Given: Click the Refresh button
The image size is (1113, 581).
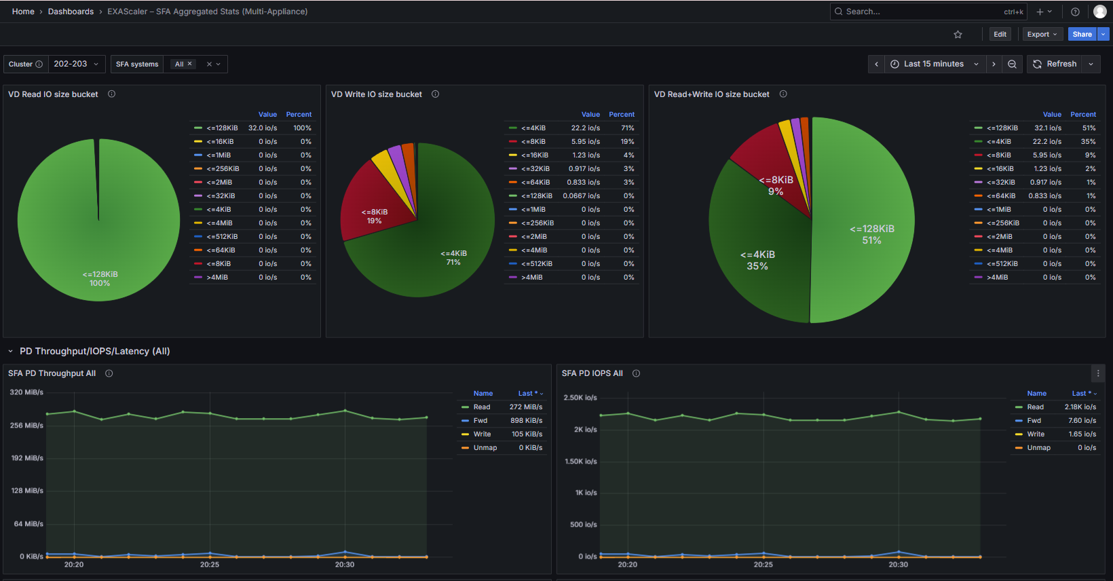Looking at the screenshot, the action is click(x=1055, y=64).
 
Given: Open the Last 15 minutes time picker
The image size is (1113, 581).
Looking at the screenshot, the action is click(x=934, y=64).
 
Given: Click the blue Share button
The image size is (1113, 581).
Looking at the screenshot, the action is click(x=1082, y=35).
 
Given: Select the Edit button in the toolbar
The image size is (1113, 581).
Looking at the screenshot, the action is click(x=1000, y=35).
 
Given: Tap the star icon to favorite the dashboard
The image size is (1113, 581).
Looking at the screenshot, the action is click(x=958, y=35).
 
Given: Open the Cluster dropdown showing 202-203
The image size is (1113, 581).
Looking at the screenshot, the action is click(x=76, y=64).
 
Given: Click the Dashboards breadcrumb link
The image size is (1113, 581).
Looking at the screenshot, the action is click(x=71, y=12).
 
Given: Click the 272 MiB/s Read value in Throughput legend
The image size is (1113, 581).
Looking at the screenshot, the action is click(x=526, y=407).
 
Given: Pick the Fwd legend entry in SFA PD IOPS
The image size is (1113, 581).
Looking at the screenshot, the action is click(x=1034, y=420).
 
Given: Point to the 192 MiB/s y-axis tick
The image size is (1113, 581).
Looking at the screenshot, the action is click(x=27, y=457).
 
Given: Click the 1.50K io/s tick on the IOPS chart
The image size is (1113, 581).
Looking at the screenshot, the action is click(x=581, y=462).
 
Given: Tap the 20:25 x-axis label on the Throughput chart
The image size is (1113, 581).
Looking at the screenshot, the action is click(x=210, y=565).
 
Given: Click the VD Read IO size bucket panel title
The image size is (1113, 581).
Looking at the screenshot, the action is click(x=53, y=94).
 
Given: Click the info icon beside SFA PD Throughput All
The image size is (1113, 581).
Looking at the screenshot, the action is click(x=109, y=373).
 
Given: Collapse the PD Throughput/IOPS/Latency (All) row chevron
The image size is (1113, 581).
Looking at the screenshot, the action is click(x=10, y=352).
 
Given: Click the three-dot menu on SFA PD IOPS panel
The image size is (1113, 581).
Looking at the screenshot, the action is click(x=1098, y=373).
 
